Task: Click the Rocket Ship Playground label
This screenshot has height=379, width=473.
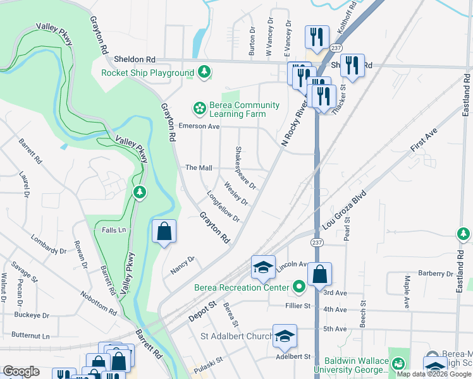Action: coord(147,73)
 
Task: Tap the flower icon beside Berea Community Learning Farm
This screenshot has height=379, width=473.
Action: coord(199,109)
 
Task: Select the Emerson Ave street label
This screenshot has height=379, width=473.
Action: coord(199,126)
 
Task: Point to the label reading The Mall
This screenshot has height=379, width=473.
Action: coord(198,168)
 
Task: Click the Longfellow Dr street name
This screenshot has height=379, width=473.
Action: coord(223,207)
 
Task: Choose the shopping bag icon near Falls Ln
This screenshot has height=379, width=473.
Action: coord(164,231)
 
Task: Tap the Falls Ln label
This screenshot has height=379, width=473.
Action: coord(114,231)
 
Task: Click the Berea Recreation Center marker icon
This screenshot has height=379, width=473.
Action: coord(300,288)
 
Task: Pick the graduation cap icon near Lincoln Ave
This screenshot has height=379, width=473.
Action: coord(263,267)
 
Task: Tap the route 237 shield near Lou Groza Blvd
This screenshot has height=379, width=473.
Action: coord(317,243)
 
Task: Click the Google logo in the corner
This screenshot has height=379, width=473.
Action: coord(21,371)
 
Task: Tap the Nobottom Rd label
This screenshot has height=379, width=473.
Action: coord(99,303)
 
